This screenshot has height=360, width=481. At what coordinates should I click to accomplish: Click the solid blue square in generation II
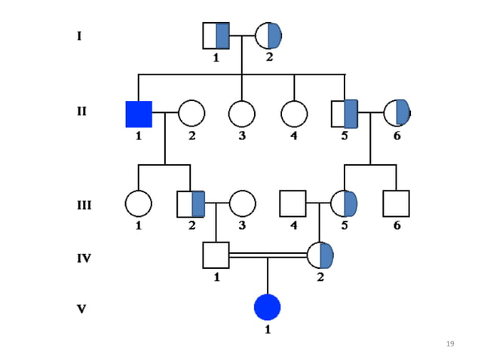click(139, 114)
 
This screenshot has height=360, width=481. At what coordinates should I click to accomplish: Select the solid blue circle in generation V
click(268, 307)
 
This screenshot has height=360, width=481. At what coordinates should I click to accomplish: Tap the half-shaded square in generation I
click(216, 35)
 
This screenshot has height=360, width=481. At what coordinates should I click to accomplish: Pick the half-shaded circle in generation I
click(268, 35)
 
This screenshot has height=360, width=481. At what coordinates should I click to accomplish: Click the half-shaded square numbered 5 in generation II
click(345, 114)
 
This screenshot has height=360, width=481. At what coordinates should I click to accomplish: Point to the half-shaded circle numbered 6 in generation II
click(397, 113)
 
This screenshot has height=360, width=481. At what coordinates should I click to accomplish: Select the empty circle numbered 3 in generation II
click(241, 114)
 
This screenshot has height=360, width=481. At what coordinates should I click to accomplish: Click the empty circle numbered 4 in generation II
click(294, 114)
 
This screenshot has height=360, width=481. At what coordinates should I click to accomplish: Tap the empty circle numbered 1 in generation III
click(139, 203)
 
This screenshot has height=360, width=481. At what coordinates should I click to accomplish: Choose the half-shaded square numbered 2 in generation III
click(191, 203)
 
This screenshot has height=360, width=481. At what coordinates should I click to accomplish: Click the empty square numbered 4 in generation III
click(293, 203)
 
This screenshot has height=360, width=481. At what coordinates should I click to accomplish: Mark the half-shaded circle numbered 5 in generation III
click(344, 203)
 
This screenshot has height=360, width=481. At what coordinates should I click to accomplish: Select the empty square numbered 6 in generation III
click(396, 203)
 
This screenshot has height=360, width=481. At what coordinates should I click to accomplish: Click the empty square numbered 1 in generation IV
click(216, 255)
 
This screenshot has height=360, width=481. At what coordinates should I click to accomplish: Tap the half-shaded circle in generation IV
click(320, 255)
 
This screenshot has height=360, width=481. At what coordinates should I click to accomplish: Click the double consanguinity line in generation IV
click(268, 256)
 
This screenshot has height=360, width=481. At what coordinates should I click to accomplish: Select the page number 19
click(450, 344)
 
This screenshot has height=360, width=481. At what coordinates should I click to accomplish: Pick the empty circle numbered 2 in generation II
click(191, 114)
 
